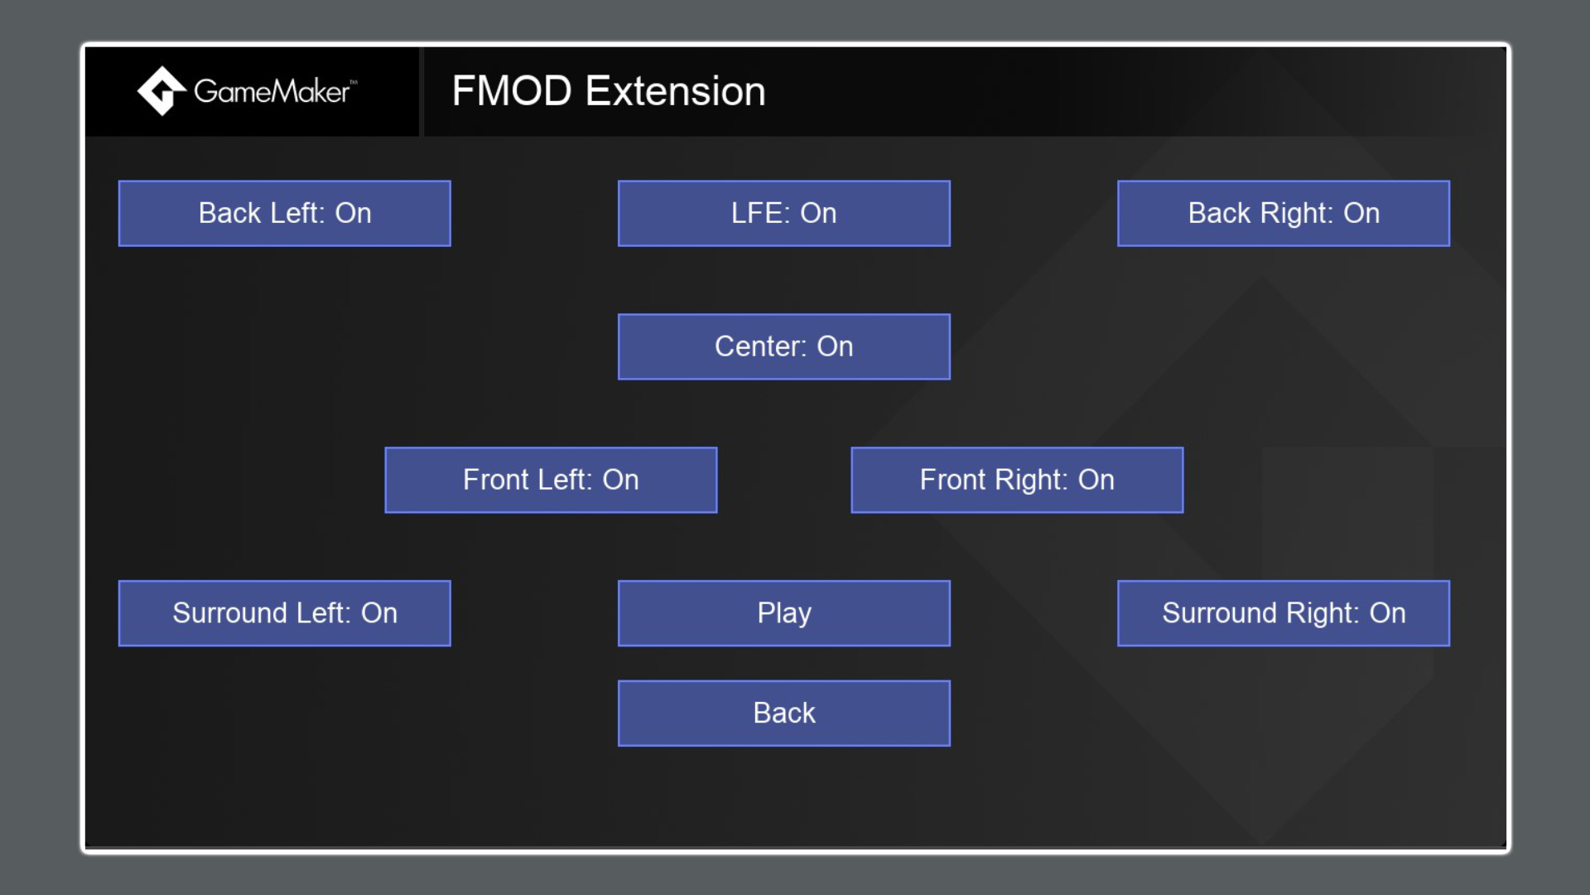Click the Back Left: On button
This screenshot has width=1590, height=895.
pos(284,213)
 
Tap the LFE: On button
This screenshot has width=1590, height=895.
pos(783,213)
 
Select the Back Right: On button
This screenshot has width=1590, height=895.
pos(1283,213)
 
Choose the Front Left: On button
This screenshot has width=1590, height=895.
pos(551,480)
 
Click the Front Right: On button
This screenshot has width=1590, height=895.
pos(1016,480)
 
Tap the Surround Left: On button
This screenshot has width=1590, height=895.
pos(284,613)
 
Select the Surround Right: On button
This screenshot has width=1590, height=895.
pos(1283,613)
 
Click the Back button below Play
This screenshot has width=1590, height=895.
pos(783,714)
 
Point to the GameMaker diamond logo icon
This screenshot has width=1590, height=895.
pos(161,91)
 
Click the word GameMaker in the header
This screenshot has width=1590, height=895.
pos(272,91)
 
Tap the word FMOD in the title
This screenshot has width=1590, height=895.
pos(512,91)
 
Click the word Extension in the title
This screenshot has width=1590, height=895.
pos(675,91)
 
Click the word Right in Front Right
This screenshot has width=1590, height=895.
pos(1030,480)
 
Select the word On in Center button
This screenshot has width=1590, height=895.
pos(835,346)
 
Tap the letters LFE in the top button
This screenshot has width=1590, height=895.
pos(759,213)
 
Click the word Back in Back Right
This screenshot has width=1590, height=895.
pos(1218,213)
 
